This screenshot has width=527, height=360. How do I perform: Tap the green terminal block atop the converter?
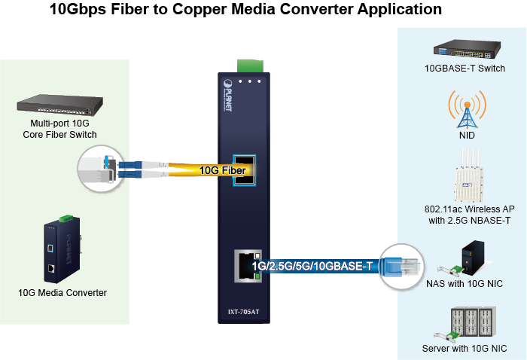246,66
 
